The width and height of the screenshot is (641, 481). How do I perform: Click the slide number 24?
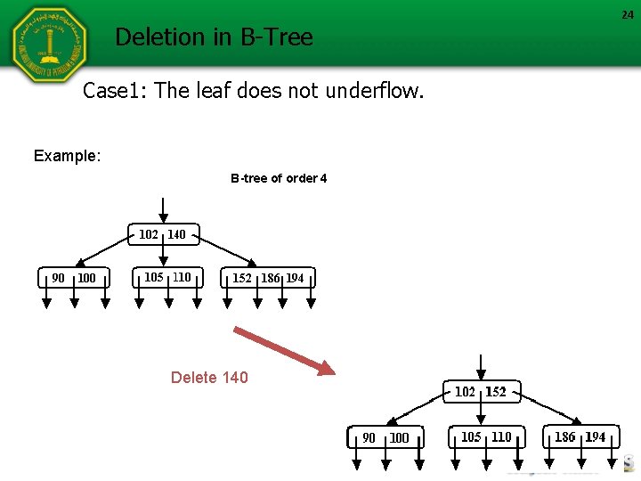coord(628,14)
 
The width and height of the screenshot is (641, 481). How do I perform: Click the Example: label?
coord(67,156)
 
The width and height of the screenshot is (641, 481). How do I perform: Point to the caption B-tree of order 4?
coord(279,178)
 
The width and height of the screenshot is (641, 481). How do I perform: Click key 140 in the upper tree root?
coord(176,234)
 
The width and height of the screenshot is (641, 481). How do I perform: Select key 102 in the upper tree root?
coord(148,234)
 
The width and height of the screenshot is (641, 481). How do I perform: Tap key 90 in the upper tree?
coord(58,278)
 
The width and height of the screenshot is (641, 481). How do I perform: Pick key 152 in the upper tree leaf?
coord(242,278)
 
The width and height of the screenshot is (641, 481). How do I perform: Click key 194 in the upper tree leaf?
coord(295,278)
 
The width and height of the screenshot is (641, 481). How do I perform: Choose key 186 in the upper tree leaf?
coord(270,278)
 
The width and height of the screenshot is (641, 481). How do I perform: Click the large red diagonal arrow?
coord(283,349)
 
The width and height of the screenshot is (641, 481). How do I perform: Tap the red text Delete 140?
coord(209,378)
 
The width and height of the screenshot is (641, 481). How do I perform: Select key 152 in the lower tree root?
coord(496,392)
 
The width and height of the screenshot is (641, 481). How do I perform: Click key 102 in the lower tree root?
coord(465,392)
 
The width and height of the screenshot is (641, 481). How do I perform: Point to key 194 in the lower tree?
coord(596,436)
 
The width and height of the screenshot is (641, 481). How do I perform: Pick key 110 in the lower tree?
coord(501,436)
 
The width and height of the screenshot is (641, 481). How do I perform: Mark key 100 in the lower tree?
coord(399,437)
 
